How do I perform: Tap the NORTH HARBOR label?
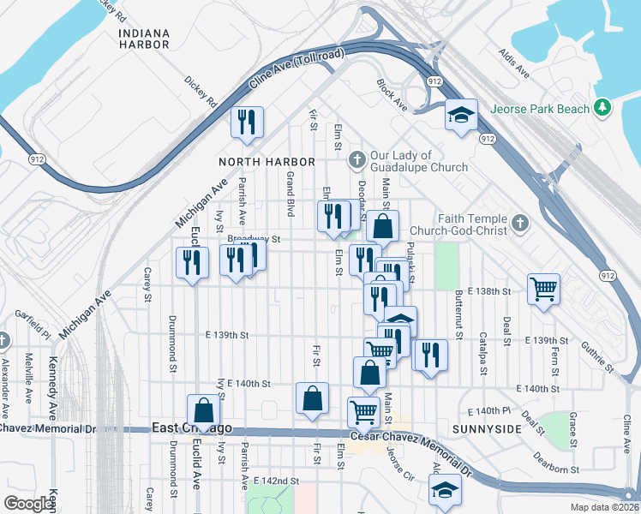[267, 162]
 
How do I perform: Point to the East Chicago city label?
[192, 427]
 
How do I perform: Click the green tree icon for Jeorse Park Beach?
[604, 108]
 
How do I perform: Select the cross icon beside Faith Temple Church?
[518, 224]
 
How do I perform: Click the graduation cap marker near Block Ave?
[460, 115]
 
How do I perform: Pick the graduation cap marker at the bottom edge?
[445, 491]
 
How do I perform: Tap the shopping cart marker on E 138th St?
[543, 288]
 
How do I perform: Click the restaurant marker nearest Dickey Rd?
[247, 122]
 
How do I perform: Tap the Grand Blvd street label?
[291, 193]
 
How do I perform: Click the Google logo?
[29, 504]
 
